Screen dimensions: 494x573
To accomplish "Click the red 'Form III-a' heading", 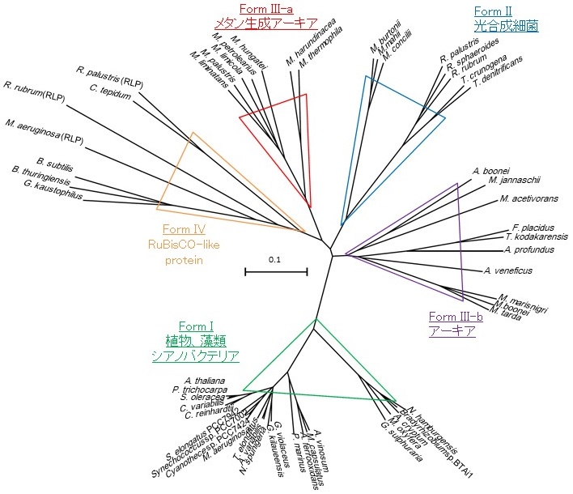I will coord(258,8).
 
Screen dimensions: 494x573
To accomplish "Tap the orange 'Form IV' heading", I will coord(189,229).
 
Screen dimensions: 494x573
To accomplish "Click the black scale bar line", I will coord(276,272).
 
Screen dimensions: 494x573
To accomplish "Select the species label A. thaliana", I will coord(204,381).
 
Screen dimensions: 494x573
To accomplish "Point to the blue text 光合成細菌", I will coord(507,26).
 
